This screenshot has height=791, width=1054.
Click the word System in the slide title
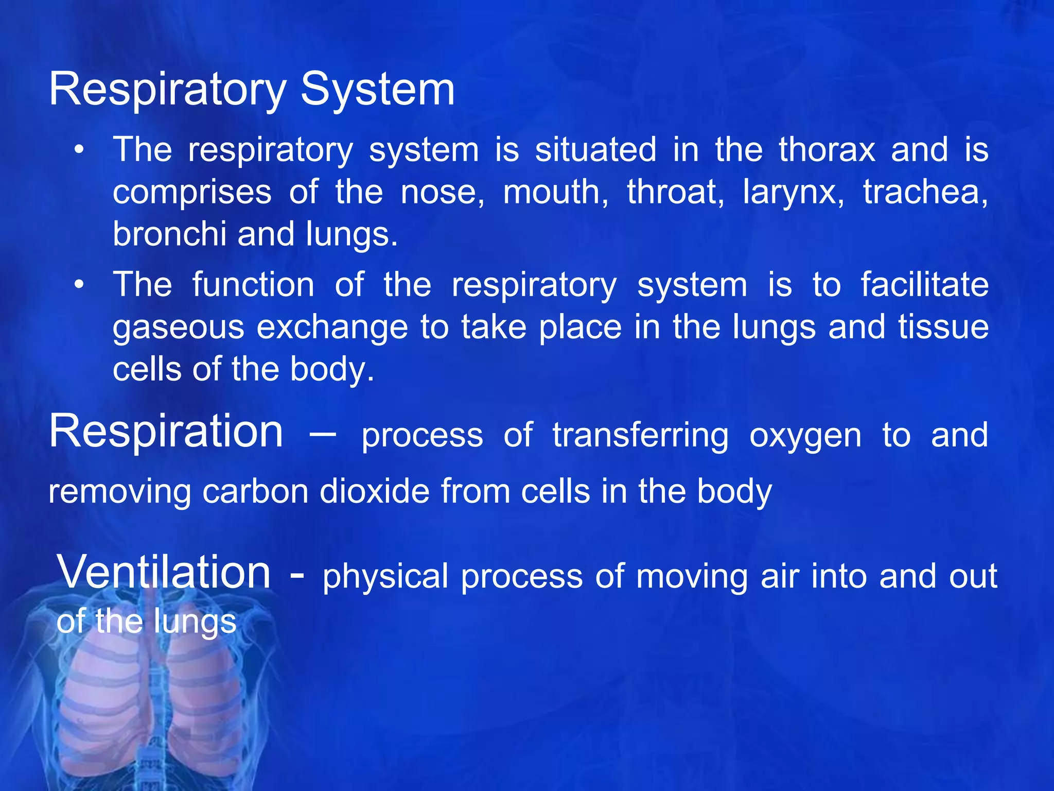(x=377, y=90)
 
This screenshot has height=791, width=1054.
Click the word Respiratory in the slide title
(x=167, y=90)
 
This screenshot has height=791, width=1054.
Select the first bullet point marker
(x=78, y=150)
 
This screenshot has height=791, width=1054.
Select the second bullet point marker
(x=78, y=285)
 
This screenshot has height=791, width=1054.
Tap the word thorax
(x=827, y=150)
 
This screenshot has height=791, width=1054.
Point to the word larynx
(x=793, y=193)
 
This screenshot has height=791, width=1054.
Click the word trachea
(x=925, y=192)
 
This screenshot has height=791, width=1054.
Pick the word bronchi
(x=169, y=234)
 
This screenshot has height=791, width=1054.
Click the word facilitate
(x=924, y=285)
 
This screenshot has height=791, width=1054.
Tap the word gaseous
(x=178, y=328)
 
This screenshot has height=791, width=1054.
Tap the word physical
(x=385, y=576)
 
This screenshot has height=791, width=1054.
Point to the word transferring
(x=640, y=436)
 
